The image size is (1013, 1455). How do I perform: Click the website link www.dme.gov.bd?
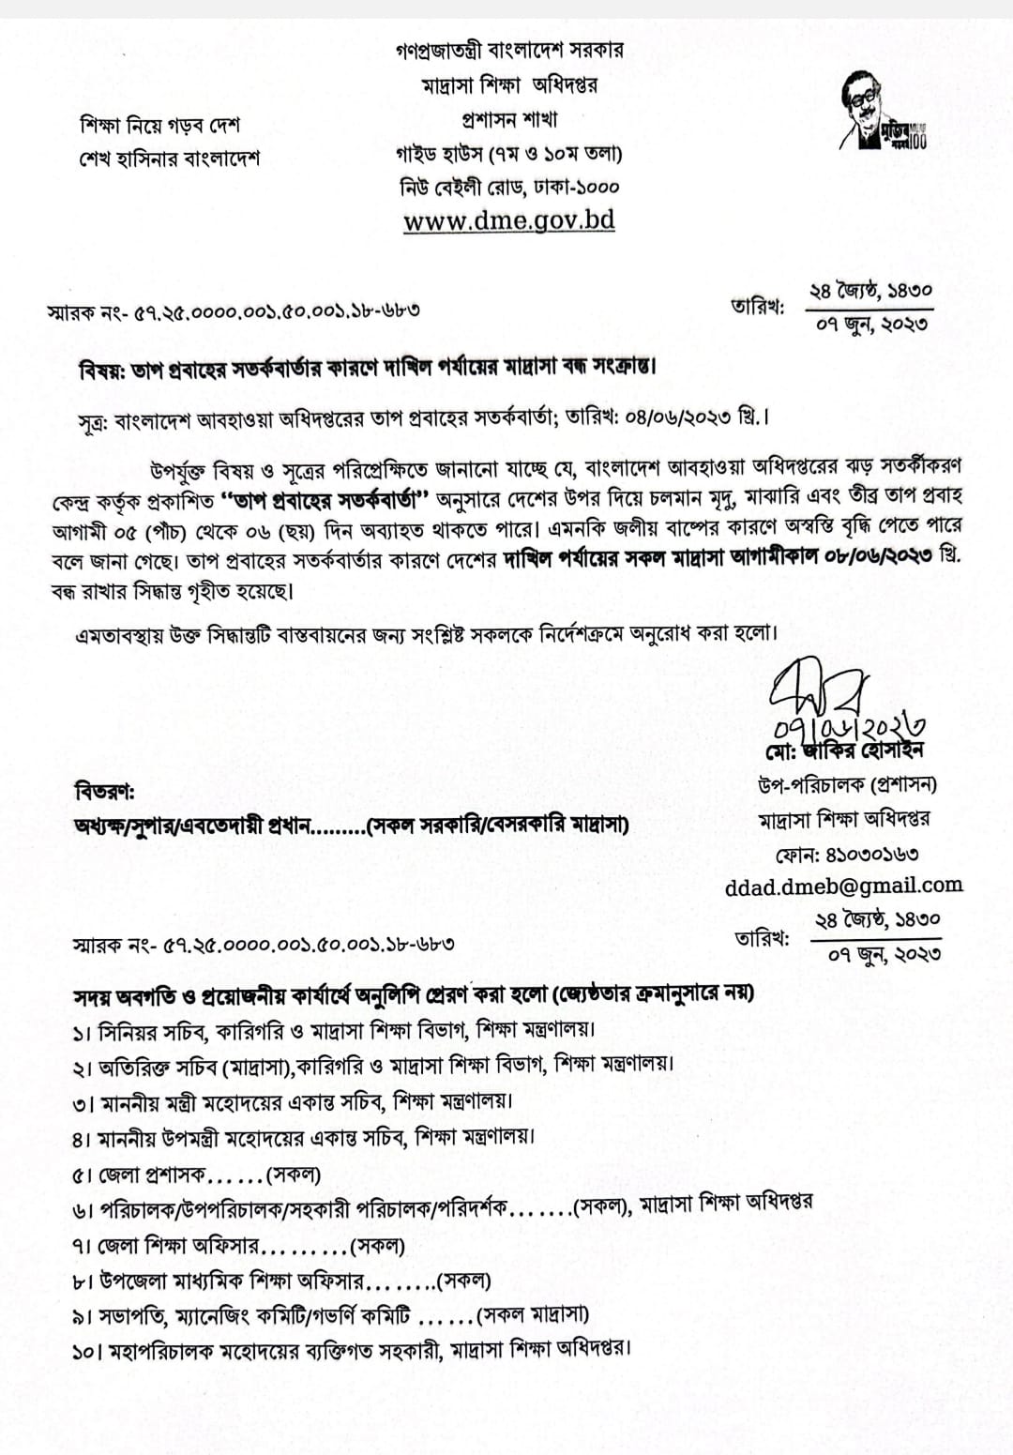509,220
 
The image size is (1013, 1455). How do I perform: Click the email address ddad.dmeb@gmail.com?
843,885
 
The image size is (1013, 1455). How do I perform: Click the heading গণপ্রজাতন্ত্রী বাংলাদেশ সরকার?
509,50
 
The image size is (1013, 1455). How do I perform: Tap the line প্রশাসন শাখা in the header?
509,120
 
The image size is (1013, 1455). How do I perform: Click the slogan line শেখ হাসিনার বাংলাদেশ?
170,157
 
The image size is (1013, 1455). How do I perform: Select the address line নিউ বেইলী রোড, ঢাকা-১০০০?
509,186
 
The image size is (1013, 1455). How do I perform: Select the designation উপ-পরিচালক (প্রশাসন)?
847,784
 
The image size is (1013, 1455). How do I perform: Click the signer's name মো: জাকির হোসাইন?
844,750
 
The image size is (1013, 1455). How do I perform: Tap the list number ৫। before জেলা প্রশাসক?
83,1175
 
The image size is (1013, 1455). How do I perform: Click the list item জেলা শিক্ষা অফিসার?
177,1247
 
